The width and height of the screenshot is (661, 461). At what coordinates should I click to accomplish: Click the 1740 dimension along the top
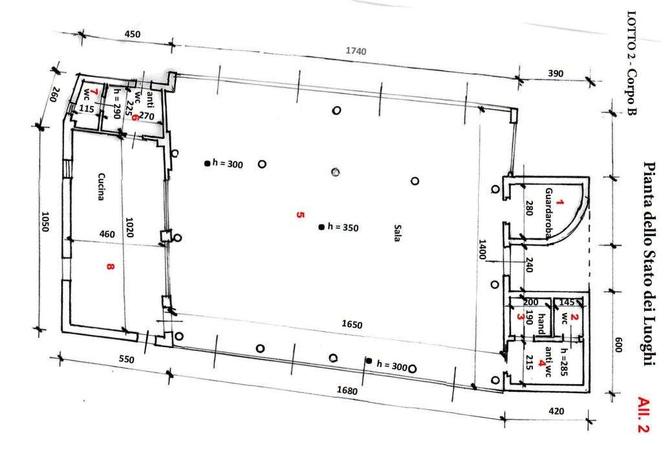[x=356, y=51]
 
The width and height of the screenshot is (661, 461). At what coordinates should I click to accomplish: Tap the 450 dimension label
[x=133, y=34]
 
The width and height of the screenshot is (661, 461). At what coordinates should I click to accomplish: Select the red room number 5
[x=300, y=215]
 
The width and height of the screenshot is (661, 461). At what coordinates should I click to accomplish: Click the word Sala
[x=396, y=233]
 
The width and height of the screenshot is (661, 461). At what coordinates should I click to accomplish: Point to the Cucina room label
[x=101, y=187]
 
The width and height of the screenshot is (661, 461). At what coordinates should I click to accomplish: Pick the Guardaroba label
[x=549, y=213]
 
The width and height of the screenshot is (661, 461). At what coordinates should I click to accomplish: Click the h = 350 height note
[x=343, y=228]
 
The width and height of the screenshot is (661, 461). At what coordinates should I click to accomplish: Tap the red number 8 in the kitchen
[x=111, y=266]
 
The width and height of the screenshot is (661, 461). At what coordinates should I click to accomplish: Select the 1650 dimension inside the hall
[x=352, y=325]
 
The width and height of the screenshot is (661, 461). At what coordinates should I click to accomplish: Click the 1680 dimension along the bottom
[x=347, y=391]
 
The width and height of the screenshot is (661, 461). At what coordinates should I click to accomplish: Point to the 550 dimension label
[x=127, y=359]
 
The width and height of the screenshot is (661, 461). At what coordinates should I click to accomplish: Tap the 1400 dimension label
[x=482, y=249]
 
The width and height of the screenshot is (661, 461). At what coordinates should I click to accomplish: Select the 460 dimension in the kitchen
[x=107, y=234]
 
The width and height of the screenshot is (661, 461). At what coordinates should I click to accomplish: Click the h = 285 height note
[x=564, y=362]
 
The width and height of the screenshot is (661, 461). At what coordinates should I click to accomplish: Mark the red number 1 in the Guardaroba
[x=559, y=202]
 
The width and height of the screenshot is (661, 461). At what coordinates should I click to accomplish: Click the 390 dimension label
[x=556, y=73]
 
